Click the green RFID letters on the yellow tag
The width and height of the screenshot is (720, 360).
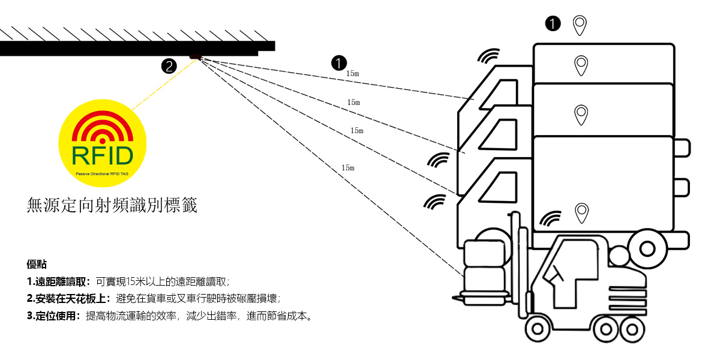[x=102, y=155]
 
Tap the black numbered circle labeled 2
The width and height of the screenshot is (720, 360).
[x=170, y=67]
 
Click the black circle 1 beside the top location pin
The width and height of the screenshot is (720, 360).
[x=553, y=23]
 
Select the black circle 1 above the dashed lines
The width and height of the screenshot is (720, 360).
[x=339, y=62]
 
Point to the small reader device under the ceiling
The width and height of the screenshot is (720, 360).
[x=196, y=57]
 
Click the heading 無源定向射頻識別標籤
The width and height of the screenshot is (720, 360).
[x=112, y=206]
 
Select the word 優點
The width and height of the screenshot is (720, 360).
[x=37, y=264]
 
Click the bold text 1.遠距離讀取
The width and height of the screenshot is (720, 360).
[x=59, y=281]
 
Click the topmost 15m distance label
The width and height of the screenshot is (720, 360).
[x=353, y=74]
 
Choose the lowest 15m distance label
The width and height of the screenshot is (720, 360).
[x=348, y=168]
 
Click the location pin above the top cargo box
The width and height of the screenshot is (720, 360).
[x=579, y=25]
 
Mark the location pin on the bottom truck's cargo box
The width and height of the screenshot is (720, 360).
[x=581, y=213]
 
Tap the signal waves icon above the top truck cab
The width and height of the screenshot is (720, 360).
[x=489, y=56]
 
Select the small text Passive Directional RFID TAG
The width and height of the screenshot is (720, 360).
[x=102, y=173]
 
